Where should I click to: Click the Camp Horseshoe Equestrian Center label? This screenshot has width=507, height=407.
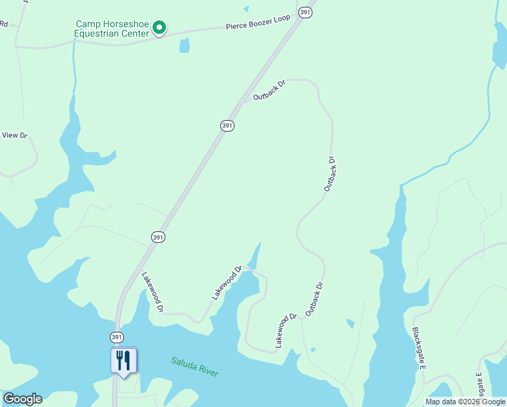[112, 28]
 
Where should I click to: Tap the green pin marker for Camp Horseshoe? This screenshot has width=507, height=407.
[159, 28]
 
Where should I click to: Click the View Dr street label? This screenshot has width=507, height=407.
[14, 135]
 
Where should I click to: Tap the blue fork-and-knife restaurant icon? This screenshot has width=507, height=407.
[123, 360]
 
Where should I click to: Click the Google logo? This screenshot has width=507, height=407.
[22, 399]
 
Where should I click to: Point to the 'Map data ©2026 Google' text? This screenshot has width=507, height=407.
[466, 402]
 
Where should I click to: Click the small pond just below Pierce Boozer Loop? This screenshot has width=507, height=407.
[184, 45]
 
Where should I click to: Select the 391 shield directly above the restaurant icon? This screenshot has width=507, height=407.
[117, 337]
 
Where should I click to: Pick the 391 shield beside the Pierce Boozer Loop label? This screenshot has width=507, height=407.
[306, 13]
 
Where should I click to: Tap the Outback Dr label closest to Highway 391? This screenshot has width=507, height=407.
[269, 90]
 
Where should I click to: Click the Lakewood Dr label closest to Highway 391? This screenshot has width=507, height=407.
[152, 292]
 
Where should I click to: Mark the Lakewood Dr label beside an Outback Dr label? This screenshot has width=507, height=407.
[287, 331]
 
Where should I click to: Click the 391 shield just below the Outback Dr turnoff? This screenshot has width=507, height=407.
[227, 125]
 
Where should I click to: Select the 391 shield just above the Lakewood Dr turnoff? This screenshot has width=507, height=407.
[158, 237]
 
